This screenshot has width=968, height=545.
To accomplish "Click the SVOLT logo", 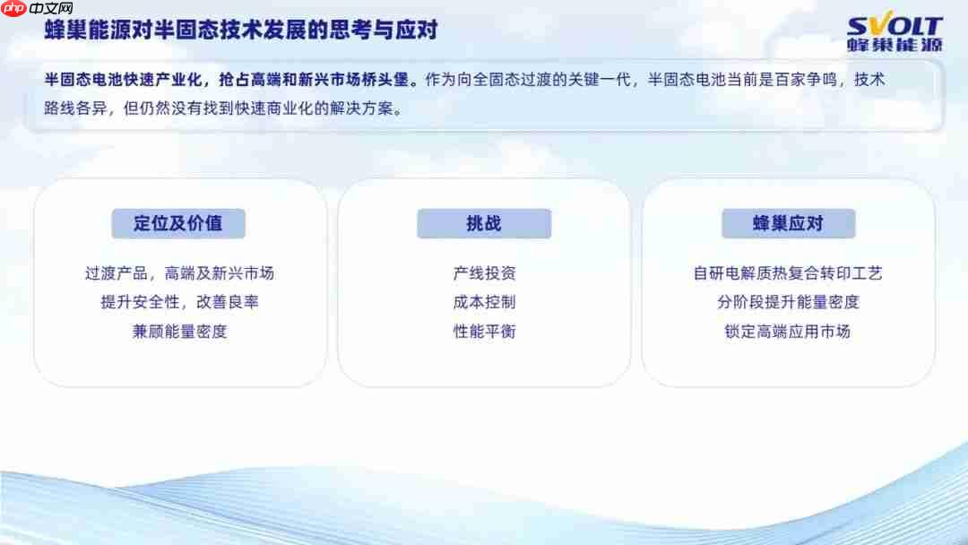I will pyautogui.click(x=895, y=32).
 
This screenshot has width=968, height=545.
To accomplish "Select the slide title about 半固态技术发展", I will pyautogui.click(x=242, y=30).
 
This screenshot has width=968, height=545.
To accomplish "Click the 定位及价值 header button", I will pyautogui.click(x=178, y=223).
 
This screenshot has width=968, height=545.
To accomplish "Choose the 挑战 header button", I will pyautogui.click(x=484, y=223).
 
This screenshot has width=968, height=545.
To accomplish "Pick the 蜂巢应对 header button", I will pyautogui.click(x=788, y=223).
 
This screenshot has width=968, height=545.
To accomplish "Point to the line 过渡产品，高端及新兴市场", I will pyautogui.click(x=179, y=273).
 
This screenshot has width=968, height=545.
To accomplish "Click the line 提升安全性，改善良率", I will pyautogui.click(x=179, y=302).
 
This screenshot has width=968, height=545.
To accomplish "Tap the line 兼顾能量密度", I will pyautogui.click(x=179, y=331).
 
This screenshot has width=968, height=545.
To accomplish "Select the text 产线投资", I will pyautogui.click(x=484, y=273).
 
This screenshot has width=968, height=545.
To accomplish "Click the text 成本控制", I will pyautogui.click(x=484, y=302).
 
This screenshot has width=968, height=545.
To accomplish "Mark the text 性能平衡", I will pyautogui.click(x=484, y=331).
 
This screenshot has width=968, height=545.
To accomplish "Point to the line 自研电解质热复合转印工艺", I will pyautogui.click(x=788, y=273).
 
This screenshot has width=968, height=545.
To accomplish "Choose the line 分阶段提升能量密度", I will pyautogui.click(x=788, y=302).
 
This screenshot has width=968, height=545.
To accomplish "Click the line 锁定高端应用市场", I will pyautogui.click(x=788, y=331).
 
